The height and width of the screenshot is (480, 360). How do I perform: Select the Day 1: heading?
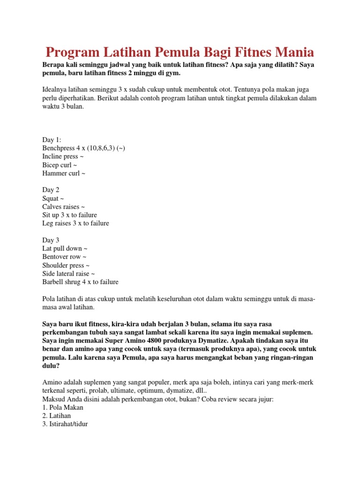52,140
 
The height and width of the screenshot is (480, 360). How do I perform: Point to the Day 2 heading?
51,190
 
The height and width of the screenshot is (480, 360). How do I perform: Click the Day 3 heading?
51,240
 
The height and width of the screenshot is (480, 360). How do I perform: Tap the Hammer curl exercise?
64,173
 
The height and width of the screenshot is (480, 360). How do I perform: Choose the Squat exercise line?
52,198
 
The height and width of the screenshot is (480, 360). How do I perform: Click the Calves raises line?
63,207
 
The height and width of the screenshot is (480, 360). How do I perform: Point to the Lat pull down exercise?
65,248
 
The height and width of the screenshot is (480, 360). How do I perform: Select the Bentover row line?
64,257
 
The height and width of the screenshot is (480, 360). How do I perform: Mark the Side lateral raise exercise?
68,274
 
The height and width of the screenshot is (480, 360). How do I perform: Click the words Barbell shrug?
62,282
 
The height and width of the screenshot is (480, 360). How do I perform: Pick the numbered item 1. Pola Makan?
63,407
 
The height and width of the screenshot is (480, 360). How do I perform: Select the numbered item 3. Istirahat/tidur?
65,424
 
